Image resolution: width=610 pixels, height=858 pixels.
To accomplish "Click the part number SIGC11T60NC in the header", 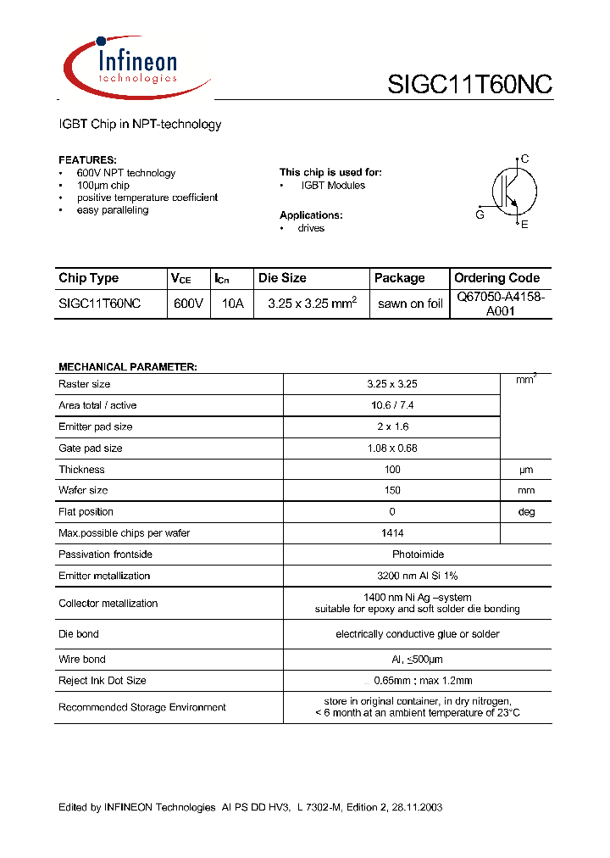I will (469, 85).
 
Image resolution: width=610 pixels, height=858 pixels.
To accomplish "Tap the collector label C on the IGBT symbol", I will (525, 159).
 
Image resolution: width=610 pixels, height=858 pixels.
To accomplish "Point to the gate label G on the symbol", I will (480, 215).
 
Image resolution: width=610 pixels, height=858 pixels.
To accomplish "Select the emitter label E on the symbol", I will (524, 225).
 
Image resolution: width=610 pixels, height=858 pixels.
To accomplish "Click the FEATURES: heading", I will (87, 159).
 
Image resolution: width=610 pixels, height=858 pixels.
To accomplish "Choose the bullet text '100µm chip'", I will (103, 185).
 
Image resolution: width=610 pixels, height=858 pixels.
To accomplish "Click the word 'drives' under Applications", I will (311, 228).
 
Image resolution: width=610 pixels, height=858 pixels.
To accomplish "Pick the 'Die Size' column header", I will (282, 278).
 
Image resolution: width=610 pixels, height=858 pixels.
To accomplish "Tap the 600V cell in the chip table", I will (188, 304).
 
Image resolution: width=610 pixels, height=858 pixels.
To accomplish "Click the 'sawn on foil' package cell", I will (410, 304).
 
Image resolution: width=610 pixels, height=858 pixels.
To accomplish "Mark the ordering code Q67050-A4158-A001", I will (501, 304).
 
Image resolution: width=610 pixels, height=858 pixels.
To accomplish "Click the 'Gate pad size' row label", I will (90, 448).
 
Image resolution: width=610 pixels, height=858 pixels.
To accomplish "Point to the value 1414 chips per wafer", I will (392, 533).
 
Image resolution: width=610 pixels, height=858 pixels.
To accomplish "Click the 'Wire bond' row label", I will (82, 659).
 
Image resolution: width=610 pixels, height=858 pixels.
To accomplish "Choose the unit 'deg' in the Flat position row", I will (526, 512).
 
